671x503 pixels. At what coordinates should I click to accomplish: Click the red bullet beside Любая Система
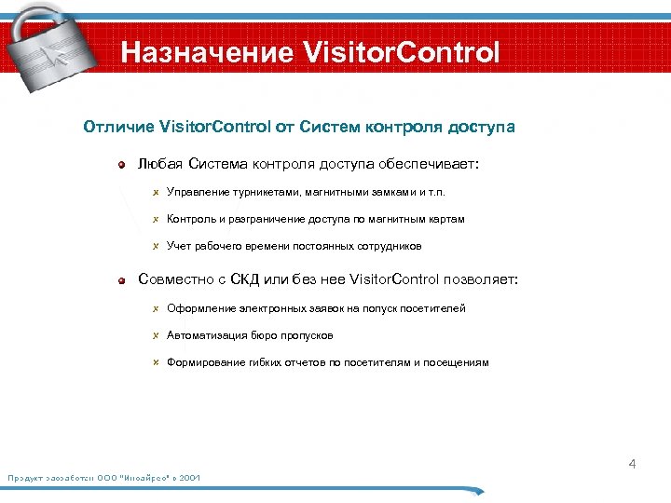coord(122,165)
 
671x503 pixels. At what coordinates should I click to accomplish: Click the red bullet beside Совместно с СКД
coord(122,279)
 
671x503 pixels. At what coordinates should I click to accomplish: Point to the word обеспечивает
coord(430,165)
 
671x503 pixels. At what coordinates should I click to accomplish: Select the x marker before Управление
coord(157,193)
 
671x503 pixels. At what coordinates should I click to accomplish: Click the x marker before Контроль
coord(157,220)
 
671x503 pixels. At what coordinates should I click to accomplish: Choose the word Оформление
coord(199,308)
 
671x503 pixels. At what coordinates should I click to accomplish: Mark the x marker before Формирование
coord(157,362)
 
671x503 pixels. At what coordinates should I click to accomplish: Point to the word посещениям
coord(456,362)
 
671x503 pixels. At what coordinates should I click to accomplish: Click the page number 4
coord(632,463)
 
